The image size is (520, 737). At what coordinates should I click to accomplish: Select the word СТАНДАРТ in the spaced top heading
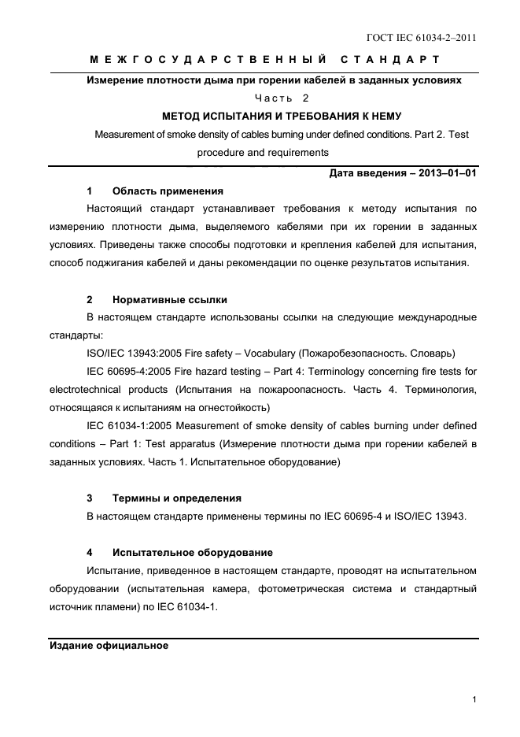click(x=390, y=60)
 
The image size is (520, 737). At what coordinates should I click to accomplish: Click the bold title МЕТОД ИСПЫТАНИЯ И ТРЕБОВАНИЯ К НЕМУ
click(x=282, y=116)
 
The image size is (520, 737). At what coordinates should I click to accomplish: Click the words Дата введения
click(x=366, y=173)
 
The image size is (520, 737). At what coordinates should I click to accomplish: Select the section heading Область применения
click(x=168, y=191)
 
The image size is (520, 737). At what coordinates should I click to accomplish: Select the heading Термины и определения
click(x=177, y=498)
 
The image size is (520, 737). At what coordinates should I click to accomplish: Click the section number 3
click(x=90, y=498)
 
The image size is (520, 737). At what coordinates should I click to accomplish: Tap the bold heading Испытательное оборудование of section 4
click(x=193, y=552)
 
